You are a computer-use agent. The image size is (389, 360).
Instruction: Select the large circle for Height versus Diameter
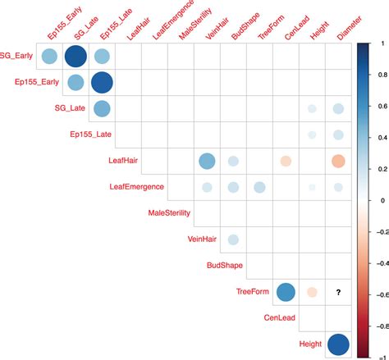click(x=338, y=344)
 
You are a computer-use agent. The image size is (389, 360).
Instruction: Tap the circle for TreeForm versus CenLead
click(x=286, y=292)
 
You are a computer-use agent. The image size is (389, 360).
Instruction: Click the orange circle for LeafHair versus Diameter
click(x=338, y=162)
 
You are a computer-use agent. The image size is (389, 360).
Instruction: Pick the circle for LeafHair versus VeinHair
click(x=207, y=162)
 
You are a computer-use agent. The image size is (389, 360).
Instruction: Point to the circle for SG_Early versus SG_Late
click(x=76, y=57)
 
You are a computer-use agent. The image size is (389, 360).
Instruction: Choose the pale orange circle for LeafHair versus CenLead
click(x=286, y=162)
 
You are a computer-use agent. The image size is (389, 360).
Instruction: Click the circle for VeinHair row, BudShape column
click(x=233, y=239)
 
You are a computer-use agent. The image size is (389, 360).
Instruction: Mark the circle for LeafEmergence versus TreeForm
click(x=259, y=188)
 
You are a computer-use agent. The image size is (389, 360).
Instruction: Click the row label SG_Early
click(x=19, y=57)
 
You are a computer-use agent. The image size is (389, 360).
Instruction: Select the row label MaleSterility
click(x=169, y=213)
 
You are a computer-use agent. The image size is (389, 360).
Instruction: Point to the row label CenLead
click(x=281, y=317)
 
